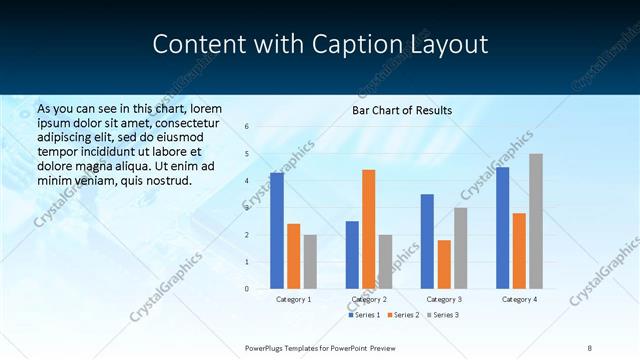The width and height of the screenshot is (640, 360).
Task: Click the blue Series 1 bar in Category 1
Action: click(x=277, y=231)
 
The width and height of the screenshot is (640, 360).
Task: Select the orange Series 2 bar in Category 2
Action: click(x=368, y=229)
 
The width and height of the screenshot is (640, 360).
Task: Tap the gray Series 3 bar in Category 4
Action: click(x=536, y=221)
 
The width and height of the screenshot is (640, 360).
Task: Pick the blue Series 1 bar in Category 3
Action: click(x=427, y=241)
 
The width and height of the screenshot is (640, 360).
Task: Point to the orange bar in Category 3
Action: click(x=444, y=264)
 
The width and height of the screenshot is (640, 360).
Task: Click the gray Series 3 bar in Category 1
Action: click(x=310, y=262)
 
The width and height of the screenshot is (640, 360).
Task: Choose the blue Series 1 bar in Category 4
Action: click(x=502, y=228)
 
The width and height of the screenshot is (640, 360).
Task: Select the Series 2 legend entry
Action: click(x=402, y=315)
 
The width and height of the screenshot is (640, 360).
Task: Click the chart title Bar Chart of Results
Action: click(x=402, y=110)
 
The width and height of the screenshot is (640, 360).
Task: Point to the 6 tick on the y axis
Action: click(x=247, y=127)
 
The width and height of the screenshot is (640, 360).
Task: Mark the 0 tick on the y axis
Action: click(x=247, y=289)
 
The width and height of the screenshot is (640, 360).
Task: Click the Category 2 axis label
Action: click(x=369, y=299)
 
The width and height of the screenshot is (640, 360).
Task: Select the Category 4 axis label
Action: click(x=519, y=299)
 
